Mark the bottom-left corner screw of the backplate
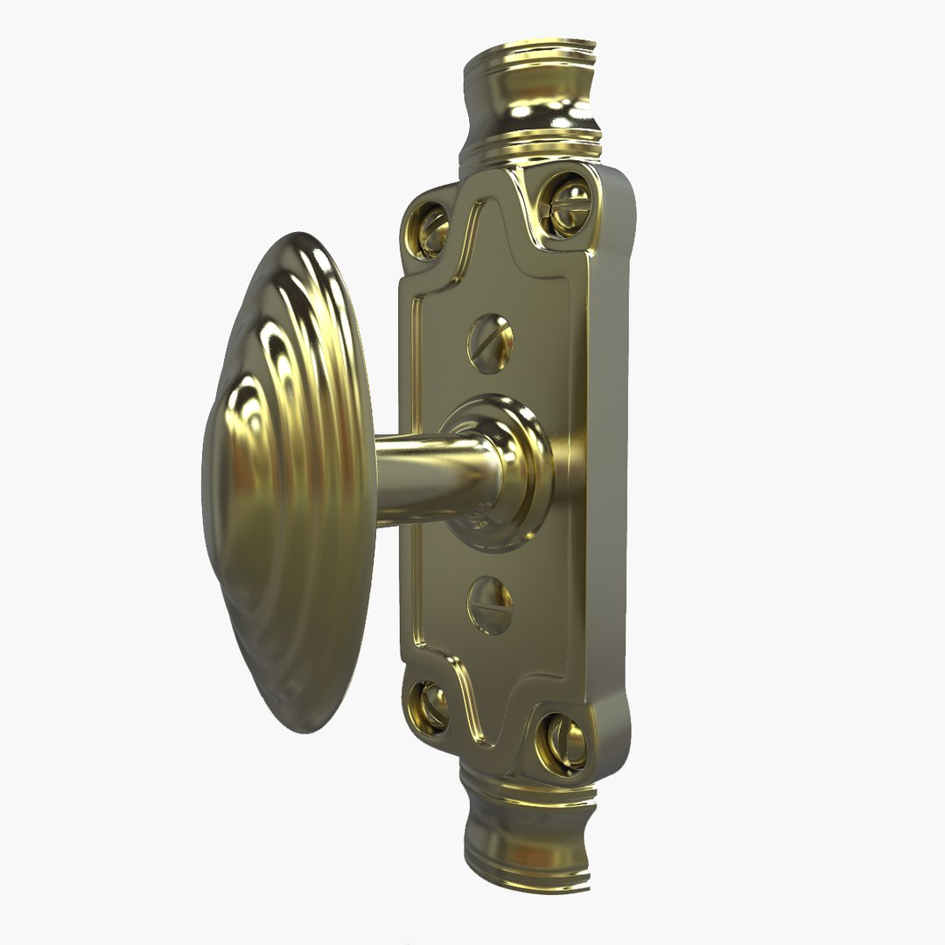[x=430, y=705]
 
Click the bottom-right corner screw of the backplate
[x=563, y=743]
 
